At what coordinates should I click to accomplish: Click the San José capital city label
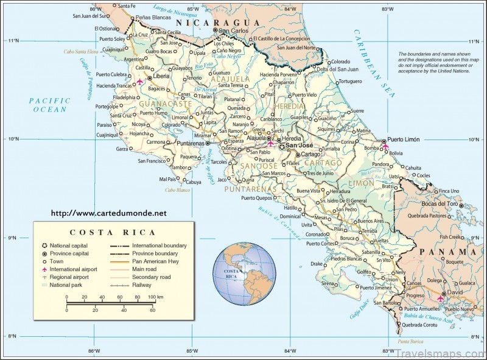click(300, 146)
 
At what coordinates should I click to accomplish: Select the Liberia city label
click(161, 77)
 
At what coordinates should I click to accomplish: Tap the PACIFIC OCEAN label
click(50, 105)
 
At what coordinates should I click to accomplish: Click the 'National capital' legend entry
click(70, 245)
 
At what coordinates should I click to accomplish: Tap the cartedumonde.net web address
click(108, 214)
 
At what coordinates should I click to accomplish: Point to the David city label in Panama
click(455, 292)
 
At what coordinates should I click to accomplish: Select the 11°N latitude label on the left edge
click(12, 41)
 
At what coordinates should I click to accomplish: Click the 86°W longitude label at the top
click(94, 9)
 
